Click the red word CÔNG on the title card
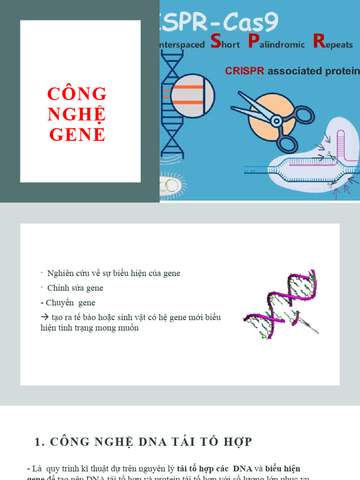pos(77,94)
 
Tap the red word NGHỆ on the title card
pos(77,114)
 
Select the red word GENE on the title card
pos(77,135)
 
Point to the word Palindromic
pos(277,44)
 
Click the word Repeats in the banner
pos(333,44)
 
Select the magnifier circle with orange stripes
pos(193,96)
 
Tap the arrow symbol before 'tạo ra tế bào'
pos(45,318)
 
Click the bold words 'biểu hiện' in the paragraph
pos(283,469)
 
